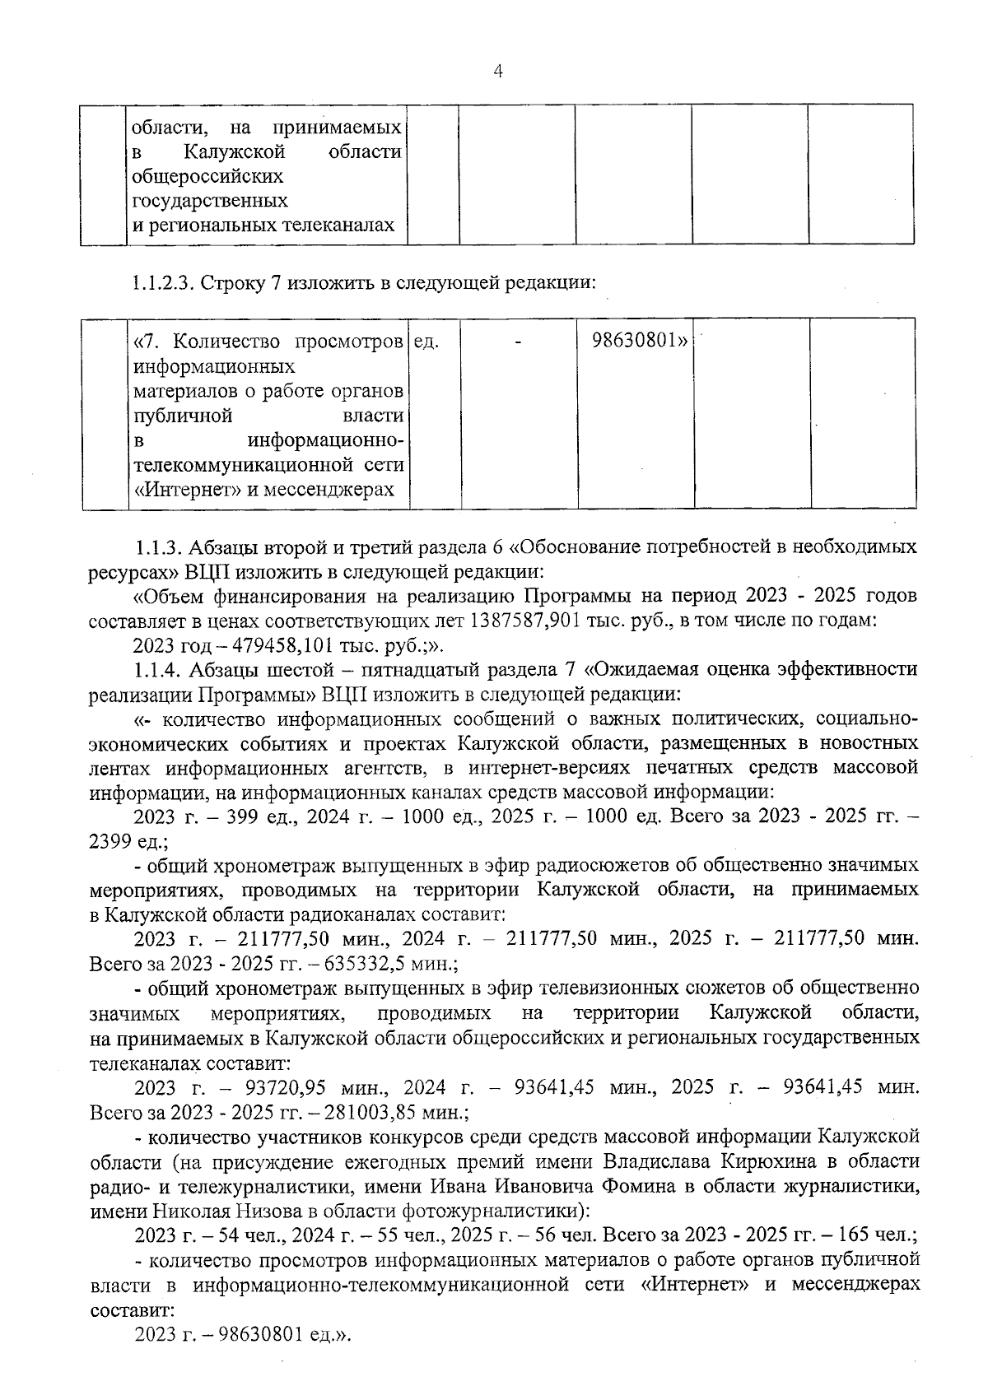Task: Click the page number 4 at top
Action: click(x=496, y=72)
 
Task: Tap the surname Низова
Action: click(x=261, y=1211)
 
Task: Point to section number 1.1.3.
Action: click(x=159, y=546)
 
